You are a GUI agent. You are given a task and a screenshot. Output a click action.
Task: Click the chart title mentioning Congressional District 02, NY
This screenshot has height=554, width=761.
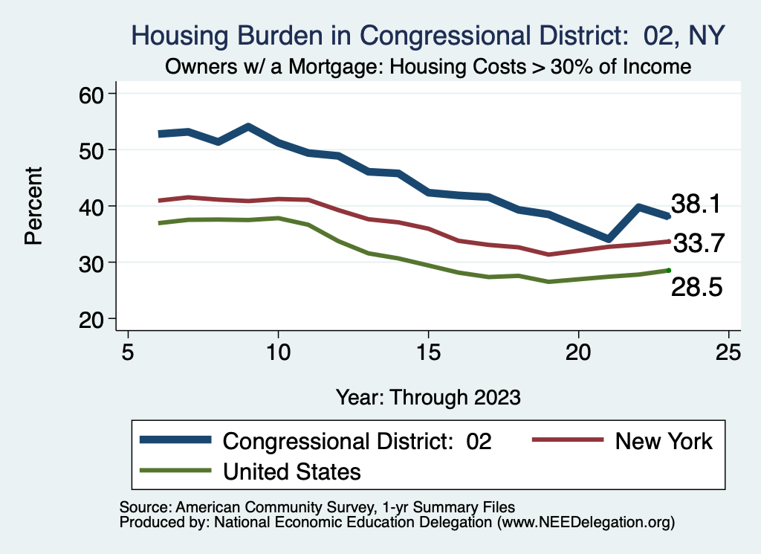tap(427, 35)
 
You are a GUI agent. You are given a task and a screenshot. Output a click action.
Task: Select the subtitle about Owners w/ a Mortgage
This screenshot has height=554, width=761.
tap(427, 67)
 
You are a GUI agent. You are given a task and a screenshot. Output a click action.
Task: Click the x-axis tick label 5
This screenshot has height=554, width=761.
tap(128, 352)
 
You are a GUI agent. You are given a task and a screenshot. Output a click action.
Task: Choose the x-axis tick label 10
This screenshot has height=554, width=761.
tap(278, 352)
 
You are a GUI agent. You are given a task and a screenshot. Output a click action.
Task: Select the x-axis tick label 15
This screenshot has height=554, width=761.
tap(428, 352)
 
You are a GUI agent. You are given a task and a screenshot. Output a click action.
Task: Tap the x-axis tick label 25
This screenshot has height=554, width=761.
tap(728, 352)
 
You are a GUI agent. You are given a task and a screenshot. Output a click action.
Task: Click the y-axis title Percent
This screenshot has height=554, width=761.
tap(33, 206)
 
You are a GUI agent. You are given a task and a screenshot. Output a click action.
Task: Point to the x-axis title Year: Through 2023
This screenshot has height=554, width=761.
tap(427, 396)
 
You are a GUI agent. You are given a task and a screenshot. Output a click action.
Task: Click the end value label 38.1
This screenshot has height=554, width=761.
tap(696, 204)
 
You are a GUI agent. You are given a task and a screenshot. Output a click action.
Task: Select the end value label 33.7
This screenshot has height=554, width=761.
tap(699, 243)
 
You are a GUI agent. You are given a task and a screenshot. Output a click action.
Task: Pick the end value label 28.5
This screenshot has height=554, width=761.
tap(696, 288)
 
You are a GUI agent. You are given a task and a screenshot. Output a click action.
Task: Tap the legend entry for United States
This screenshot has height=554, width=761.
tap(291, 471)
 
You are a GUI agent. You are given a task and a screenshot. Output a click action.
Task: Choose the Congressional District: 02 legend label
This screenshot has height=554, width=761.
tap(357, 441)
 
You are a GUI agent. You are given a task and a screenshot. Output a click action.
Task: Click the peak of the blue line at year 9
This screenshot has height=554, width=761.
tap(248, 127)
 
